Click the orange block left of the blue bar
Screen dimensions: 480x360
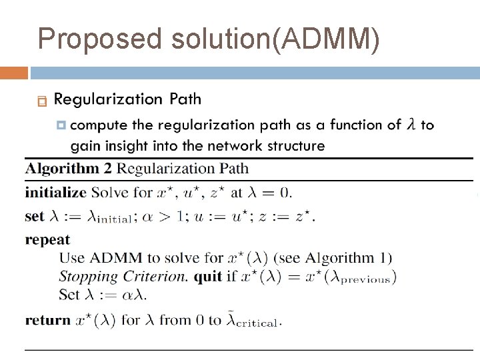(13, 73)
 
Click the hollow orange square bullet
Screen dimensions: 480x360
(42, 101)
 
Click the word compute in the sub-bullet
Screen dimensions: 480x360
(98, 125)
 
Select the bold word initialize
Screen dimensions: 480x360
(55, 193)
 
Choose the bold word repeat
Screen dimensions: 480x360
(47, 239)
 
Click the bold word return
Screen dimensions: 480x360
(47, 320)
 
